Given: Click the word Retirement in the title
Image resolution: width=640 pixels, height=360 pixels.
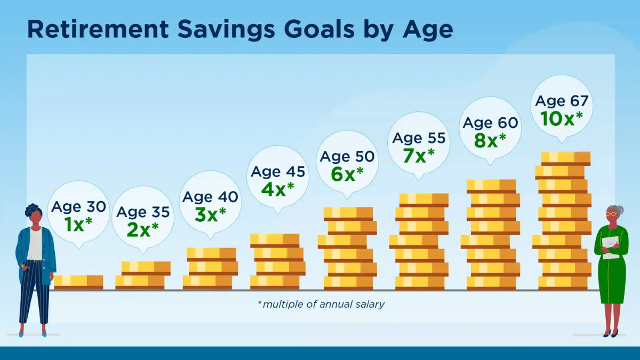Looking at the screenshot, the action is [98, 29].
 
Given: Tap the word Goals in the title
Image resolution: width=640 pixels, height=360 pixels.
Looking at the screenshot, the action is [319, 29].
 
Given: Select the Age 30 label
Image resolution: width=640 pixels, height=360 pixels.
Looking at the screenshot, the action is [78, 206].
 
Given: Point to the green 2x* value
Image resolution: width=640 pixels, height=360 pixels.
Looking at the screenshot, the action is [142, 229].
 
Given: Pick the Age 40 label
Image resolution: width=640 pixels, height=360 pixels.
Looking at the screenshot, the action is [210, 197].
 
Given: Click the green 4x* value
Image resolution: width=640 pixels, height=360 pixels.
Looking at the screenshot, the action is [278, 189].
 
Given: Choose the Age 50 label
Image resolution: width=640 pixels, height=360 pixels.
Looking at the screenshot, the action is [347, 156].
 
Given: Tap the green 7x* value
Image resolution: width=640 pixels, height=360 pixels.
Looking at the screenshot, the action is [419, 155].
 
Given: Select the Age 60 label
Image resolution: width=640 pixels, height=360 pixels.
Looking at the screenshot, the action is [490, 123].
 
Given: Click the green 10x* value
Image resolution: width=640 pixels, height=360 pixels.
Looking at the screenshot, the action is [562, 118].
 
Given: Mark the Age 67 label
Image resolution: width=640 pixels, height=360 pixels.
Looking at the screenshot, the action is [562, 101].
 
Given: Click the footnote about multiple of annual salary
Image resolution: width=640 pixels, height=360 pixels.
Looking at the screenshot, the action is [321, 305].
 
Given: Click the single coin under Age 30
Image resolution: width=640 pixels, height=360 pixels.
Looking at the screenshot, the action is [78, 282].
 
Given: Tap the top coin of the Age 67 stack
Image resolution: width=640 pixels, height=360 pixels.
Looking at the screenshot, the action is [566, 158].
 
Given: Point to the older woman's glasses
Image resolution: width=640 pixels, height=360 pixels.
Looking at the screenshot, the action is [612, 214].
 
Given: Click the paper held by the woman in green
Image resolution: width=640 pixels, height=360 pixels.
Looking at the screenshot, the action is [611, 247].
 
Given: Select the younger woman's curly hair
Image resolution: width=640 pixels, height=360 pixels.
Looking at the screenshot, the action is [33, 210].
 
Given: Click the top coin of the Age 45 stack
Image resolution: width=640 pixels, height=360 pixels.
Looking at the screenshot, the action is [275, 241].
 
